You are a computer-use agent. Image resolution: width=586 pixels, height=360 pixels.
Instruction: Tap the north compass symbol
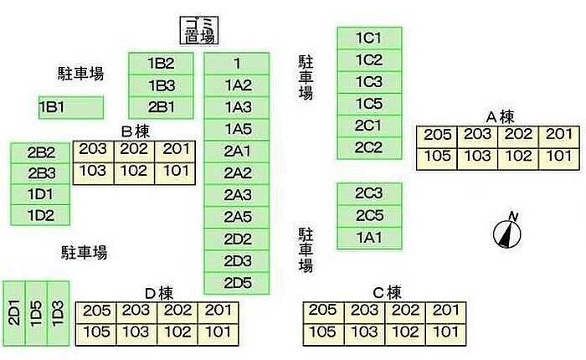click(507, 231)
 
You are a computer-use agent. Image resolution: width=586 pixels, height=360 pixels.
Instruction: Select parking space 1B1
click(71, 107)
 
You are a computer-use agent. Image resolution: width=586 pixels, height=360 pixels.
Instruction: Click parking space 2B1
click(161, 107)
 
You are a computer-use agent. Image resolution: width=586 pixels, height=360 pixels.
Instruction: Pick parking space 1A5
click(237, 129)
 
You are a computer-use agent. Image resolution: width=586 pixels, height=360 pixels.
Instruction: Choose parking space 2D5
click(237, 282)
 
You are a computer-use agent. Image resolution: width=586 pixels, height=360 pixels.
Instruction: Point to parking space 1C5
click(369, 104)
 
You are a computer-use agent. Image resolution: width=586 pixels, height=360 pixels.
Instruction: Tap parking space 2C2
click(369, 147)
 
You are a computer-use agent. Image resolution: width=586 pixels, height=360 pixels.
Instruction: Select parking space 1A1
click(369, 237)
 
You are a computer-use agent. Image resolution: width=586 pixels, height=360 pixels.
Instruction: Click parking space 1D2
click(40, 215)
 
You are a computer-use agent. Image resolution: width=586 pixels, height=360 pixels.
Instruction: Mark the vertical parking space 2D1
click(14, 312)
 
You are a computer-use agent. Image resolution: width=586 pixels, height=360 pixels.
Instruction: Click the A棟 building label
click(500, 116)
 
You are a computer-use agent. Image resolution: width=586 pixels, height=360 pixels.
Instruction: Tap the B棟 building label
click(136, 131)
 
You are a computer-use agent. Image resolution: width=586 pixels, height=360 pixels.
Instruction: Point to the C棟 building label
click(387, 293)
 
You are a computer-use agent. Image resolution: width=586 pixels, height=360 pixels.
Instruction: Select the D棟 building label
click(159, 293)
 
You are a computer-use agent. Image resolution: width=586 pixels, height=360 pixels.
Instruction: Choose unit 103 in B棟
click(93, 172)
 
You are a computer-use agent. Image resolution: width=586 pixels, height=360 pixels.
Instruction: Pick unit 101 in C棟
click(446, 332)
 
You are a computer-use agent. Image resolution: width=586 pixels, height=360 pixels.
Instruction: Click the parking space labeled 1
click(237, 64)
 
